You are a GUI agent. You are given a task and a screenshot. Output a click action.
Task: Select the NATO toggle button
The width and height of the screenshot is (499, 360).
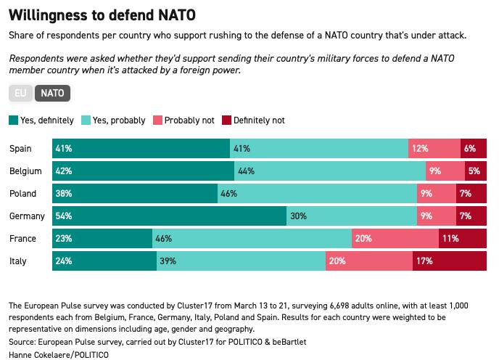click(52, 93)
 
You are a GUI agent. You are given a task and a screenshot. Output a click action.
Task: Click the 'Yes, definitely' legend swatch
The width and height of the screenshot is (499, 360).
click(12, 120)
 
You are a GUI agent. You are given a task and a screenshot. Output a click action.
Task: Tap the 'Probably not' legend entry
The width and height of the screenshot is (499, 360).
click(185, 120)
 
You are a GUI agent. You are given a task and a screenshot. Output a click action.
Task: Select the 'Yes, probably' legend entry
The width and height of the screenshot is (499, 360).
click(115, 120)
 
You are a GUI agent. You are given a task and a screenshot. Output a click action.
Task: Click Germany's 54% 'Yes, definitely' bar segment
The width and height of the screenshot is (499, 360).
click(170, 216)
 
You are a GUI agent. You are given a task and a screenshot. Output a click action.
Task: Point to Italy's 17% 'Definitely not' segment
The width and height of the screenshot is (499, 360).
click(450, 261)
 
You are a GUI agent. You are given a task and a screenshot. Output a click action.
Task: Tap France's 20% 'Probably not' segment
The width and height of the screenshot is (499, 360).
click(395, 238)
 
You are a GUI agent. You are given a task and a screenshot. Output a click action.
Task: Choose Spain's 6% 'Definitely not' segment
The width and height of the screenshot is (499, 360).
click(474, 148)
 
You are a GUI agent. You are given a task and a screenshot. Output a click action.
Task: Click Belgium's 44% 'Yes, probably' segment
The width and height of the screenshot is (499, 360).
click(330, 171)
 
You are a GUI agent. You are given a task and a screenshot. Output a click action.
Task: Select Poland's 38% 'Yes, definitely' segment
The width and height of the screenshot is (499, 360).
click(135, 193)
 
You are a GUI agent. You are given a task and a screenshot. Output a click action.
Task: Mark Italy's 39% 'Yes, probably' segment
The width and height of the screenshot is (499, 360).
click(242, 261)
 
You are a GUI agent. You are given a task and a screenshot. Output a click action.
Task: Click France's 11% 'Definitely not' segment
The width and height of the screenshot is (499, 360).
click(463, 238)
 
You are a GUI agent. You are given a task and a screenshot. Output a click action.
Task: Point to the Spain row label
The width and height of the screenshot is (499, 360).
click(21, 148)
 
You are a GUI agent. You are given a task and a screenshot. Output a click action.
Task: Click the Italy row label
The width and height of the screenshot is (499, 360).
click(18, 261)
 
